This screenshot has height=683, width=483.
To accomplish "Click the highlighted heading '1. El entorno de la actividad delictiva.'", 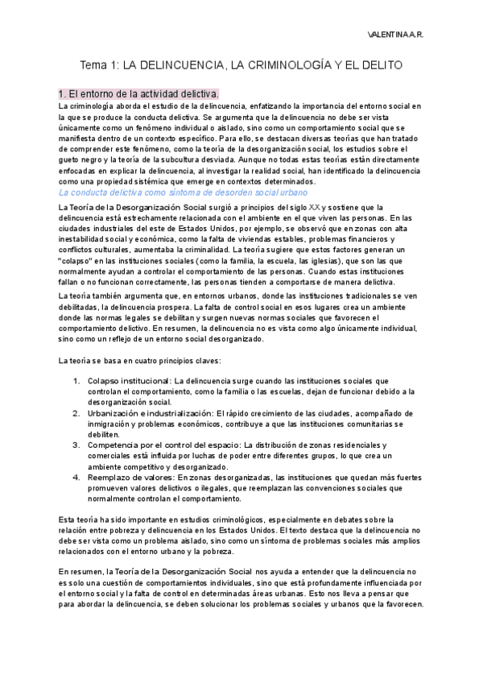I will (138, 93).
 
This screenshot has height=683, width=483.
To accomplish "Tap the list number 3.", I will (76, 445).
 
